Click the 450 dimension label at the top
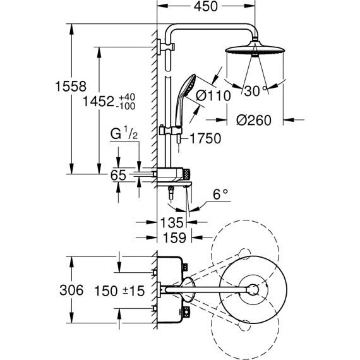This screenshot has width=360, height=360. pos(205,6)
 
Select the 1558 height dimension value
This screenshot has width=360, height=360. pos(71,87)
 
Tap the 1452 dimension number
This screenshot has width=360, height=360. pos(99,101)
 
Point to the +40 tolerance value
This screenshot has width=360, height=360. pos(127,97)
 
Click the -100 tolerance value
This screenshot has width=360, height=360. pos(126,106)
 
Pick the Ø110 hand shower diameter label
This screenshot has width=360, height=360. pos(213,95)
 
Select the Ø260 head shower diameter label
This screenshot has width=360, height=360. pos(254,120)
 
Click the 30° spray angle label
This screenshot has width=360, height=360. pos(255,91)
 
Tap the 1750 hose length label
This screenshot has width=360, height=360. pos(206,138)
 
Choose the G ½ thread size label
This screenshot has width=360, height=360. pos(124,133)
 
